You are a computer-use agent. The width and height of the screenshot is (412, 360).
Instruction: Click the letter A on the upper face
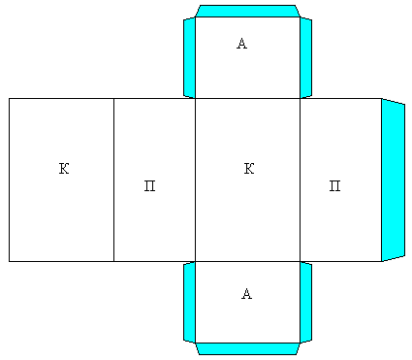(241, 44)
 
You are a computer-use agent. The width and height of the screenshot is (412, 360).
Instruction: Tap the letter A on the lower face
(246, 294)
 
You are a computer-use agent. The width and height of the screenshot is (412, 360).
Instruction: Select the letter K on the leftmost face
(64, 169)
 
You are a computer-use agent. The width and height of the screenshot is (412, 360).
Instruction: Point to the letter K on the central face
(249, 169)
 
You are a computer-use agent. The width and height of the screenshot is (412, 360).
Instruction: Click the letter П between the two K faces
(149, 186)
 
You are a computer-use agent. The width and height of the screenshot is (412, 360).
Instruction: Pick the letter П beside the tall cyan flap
(334, 186)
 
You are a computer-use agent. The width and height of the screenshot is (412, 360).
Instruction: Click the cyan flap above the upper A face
(247, 11)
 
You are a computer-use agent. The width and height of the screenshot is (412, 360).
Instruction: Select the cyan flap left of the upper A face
(189, 57)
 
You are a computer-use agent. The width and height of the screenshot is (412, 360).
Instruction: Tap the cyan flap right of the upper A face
(305, 57)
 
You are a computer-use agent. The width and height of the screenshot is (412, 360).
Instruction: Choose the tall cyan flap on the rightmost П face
(393, 180)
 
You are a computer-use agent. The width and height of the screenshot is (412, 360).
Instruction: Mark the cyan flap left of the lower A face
(189, 302)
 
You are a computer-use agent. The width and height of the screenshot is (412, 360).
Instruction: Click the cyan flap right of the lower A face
(305, 302)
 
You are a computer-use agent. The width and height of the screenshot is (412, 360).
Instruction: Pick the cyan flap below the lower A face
(247, 348)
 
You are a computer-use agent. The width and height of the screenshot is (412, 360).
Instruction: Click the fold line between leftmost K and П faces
(113, 180)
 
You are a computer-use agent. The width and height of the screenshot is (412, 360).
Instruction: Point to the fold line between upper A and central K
(247, 98)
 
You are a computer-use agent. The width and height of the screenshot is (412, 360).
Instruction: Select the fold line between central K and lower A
(247, 261)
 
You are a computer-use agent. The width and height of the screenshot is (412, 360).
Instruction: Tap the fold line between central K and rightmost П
(300, 180)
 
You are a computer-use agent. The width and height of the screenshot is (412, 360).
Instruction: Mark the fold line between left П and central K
(195, 180)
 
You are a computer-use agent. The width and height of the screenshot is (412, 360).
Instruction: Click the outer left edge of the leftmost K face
(9, 180)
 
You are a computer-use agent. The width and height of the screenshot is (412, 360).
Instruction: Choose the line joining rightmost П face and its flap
(382, 180)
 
